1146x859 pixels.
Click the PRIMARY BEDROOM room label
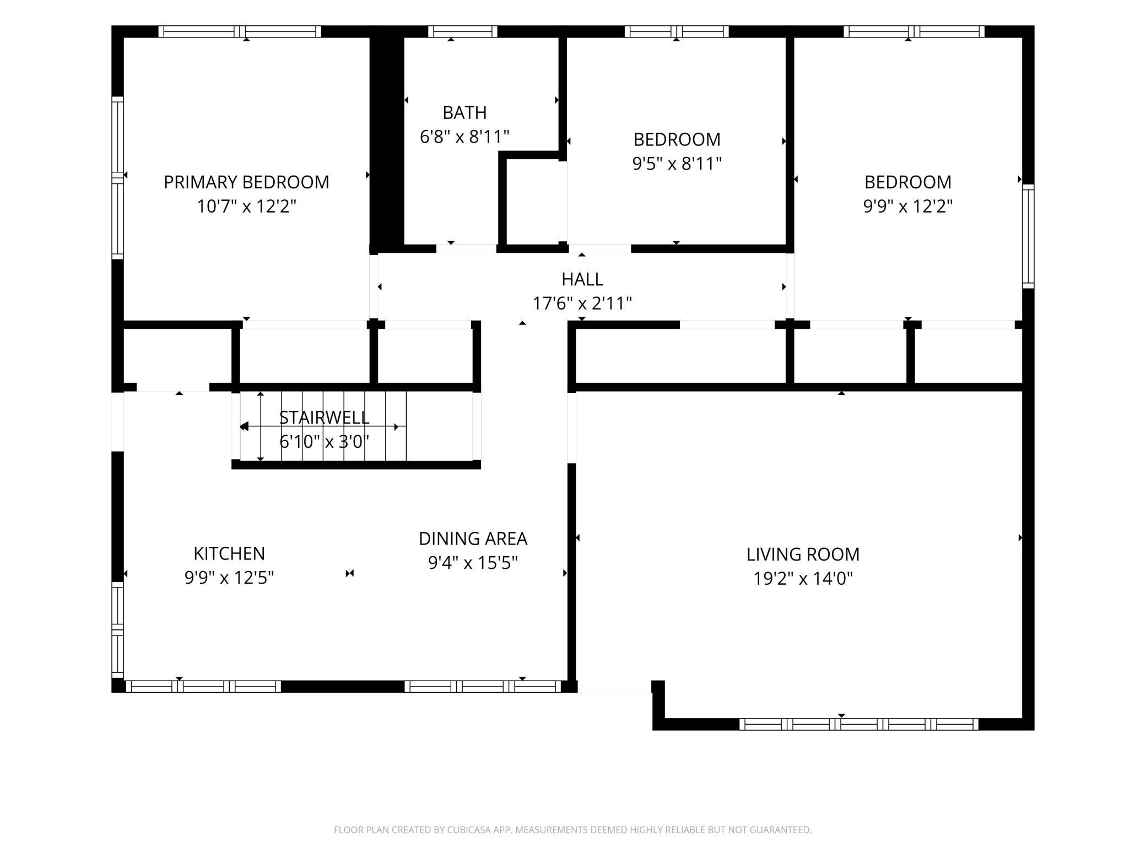[x=246, y=182]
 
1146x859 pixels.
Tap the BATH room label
[x=464, y=112]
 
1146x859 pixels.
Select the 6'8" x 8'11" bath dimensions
[x=464, y=137]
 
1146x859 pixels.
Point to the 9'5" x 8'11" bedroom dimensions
[x=677, y=164]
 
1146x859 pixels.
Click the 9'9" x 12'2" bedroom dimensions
[x=907, y=206]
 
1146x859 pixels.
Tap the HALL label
[x=582, y=279]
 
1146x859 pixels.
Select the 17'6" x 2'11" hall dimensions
[x=582, y=303]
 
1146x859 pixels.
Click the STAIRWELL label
[x=324, y=417]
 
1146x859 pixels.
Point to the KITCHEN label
[x=229, y=553]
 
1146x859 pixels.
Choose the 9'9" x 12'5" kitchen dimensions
[x=229, y=578]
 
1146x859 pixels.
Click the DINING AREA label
[x=473, y=539]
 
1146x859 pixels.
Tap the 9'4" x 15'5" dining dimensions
[x=473, y=563]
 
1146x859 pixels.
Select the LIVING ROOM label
[x=803, y=554]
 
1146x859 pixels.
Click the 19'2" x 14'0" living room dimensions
[x=803, y=578]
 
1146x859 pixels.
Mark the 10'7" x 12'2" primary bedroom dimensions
[x=246, y=206]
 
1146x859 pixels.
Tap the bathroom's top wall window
[x=463, y=31]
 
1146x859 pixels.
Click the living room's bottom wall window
[x=858, y=724]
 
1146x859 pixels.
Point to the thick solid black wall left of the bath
[x=387, y=140]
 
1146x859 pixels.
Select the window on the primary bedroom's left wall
[x=117, y=178]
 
